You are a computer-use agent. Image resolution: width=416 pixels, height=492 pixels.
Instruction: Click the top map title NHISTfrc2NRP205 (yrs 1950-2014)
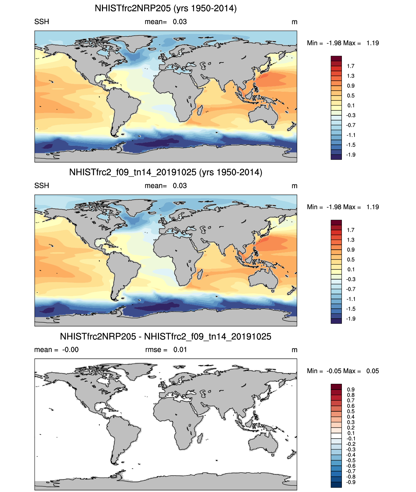(x=165, y=8)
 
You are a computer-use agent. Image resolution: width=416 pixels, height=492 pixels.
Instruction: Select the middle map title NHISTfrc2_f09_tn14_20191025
(x=165, y=172)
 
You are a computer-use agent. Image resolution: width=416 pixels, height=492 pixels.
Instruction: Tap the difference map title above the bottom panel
(x=165, y=337)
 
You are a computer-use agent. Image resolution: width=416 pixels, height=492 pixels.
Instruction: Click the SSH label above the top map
(x=42, y=22)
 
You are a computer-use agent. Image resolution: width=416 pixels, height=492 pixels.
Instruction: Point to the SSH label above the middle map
(x=42, y=186)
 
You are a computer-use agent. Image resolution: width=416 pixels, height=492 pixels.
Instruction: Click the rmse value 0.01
(x=180, y=350)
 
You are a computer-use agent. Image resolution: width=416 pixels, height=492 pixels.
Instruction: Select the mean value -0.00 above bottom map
(x=70, y=350)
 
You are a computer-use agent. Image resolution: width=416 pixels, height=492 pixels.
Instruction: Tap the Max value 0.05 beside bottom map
(x=372, y=371)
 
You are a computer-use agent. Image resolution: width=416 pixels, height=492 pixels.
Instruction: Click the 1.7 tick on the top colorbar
(x=351, y=66)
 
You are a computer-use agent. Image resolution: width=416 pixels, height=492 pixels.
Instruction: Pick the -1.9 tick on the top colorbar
(x=351, y=155)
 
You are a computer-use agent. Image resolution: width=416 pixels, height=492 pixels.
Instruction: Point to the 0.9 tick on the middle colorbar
(x=351, y=250)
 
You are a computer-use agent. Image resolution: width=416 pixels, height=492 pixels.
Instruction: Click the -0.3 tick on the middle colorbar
(x=351, y=279)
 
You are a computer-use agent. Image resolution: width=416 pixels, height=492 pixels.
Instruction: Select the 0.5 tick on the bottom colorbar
(x=351, y=411)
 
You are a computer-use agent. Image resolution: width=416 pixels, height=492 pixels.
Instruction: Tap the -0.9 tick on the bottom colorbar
(x=351, y=482)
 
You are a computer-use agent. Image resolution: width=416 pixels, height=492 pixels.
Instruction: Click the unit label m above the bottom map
(x=294, y=350)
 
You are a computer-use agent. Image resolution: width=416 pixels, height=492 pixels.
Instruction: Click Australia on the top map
(x=264, y=115)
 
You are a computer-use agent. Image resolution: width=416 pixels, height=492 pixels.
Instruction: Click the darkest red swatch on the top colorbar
(x=336, y=59)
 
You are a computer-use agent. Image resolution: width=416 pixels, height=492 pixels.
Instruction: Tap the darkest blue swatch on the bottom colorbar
(x=336, y=485)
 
